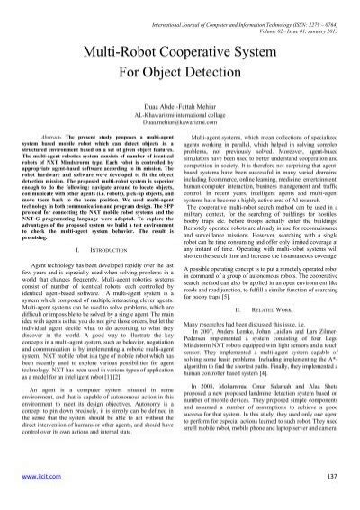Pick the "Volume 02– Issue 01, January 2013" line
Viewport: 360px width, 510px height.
(x=287, y=15)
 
